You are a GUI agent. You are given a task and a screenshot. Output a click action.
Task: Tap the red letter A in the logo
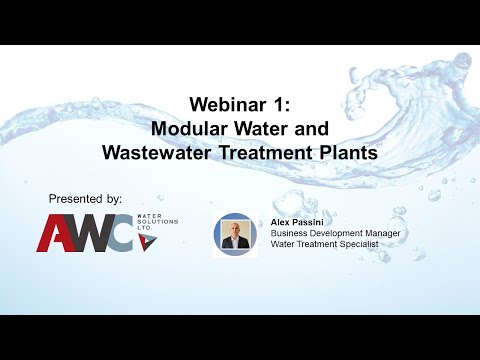[57, 232]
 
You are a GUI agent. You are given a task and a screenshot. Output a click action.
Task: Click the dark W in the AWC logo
[94, 232]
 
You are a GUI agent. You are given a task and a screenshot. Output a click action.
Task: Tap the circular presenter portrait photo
[236, 233]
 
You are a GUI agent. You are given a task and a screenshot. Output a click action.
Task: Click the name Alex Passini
[301, 221]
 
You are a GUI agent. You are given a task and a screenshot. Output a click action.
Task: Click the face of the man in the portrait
[236, 226]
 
